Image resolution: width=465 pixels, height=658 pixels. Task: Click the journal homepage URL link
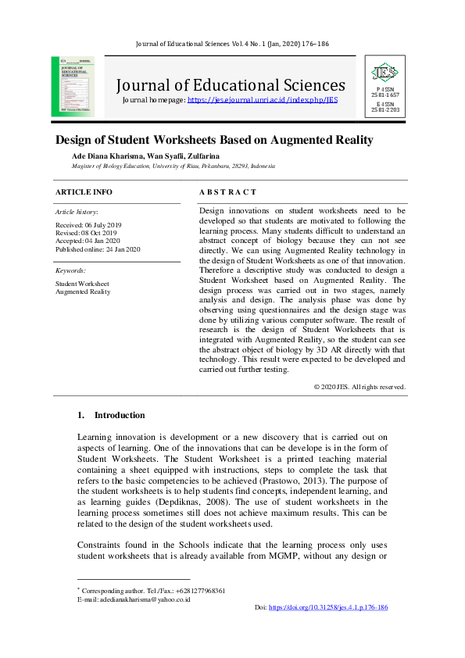pos(263,100)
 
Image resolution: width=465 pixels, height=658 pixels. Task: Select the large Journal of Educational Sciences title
pos(231,84)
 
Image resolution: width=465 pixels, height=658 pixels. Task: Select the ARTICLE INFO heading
pos(84,191)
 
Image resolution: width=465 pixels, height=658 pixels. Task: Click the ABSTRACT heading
pos(227,191)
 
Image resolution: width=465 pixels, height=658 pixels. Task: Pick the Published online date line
pos(98,249)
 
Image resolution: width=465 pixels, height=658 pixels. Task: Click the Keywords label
pos(70,270)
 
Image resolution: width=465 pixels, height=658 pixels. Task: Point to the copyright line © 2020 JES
pos(359,387)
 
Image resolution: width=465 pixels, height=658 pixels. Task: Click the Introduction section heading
pos(119,415)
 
